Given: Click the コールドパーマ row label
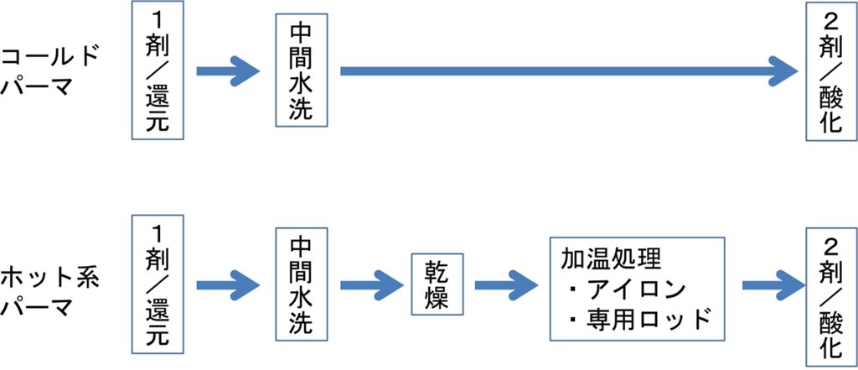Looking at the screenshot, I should tap(50, 70).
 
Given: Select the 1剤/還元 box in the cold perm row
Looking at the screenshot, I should tap(157, 70).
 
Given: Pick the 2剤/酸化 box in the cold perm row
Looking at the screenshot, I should tap(830, 70).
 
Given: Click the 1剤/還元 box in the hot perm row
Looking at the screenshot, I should tap(157, 283).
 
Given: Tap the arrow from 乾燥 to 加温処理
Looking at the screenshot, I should tap(506, 283).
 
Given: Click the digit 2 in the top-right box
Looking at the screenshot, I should tap(830, 18).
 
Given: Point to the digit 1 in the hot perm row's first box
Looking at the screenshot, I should tap(157, 231).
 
